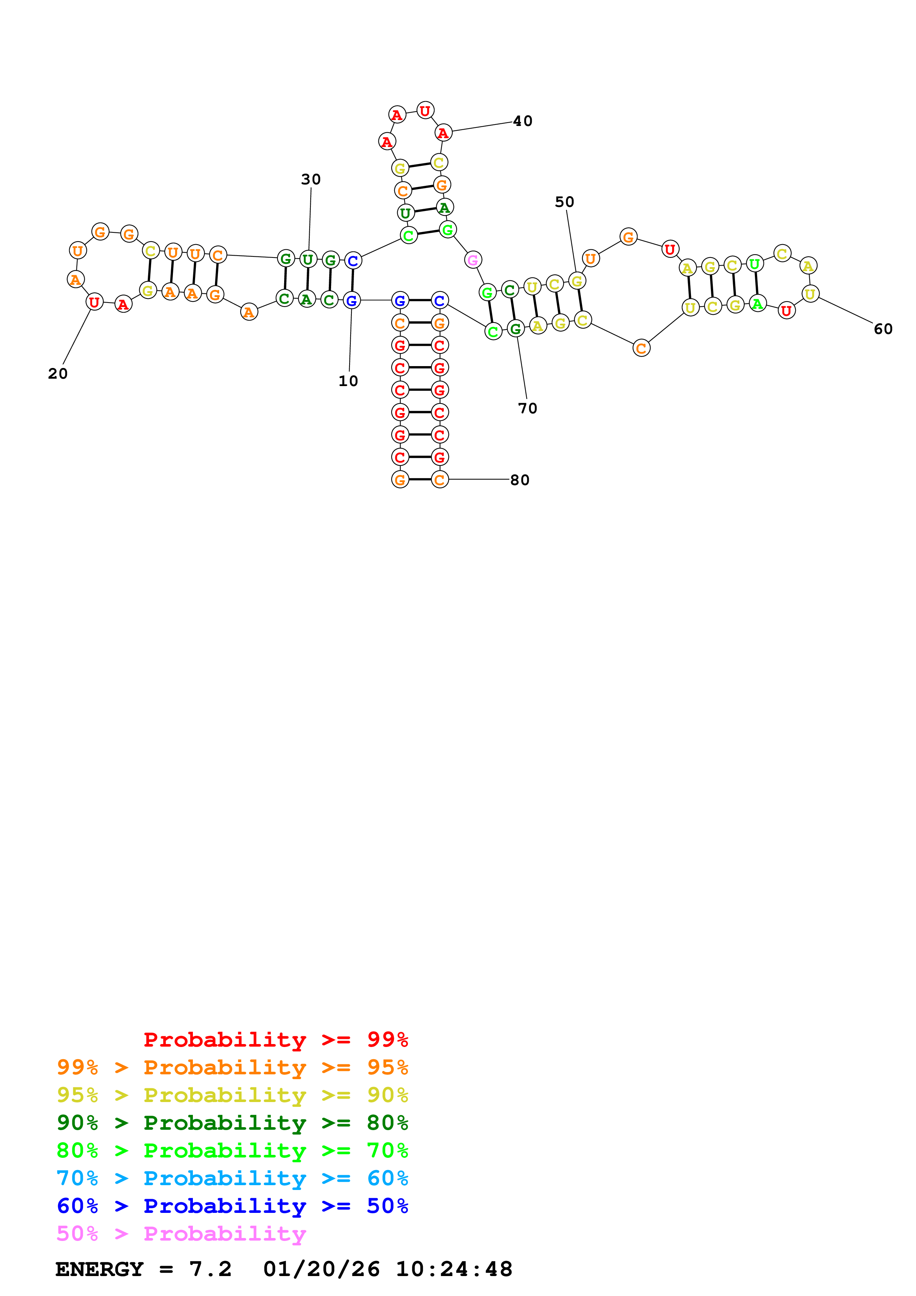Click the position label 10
348,381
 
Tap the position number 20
58,374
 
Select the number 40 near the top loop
522,121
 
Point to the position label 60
883,329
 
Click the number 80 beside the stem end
520,480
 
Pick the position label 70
528,409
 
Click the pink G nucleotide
473,260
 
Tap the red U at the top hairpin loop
425,110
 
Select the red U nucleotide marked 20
94,303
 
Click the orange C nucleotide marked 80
440,480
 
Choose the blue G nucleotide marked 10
352,301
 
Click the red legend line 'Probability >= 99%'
275,1040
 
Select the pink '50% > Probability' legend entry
181,1234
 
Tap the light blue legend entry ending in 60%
232,1179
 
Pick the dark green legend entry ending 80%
232,1123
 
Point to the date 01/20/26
321,1269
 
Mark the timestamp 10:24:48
454,1269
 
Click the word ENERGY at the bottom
99,1269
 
